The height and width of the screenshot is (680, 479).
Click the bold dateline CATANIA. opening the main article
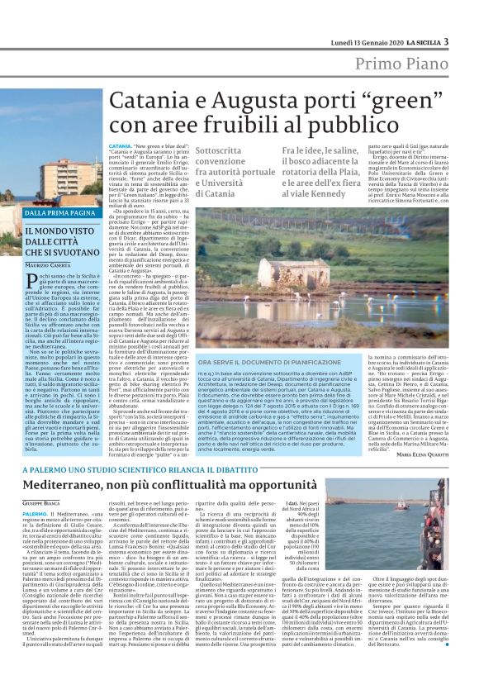coord(121,145)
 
